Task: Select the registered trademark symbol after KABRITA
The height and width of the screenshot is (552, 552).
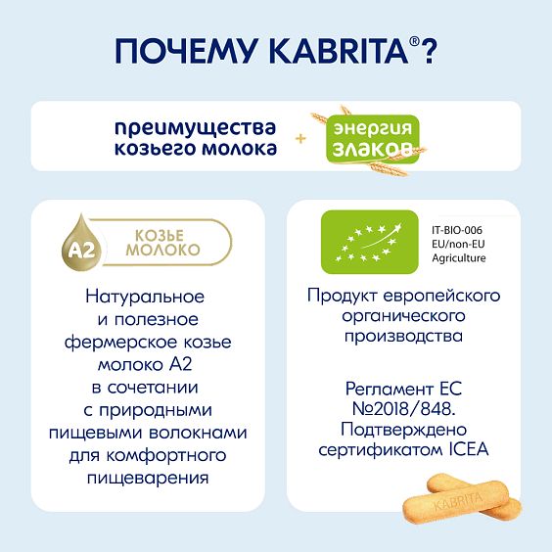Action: click(413, 42)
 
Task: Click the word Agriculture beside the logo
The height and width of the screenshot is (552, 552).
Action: click(459, 257)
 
